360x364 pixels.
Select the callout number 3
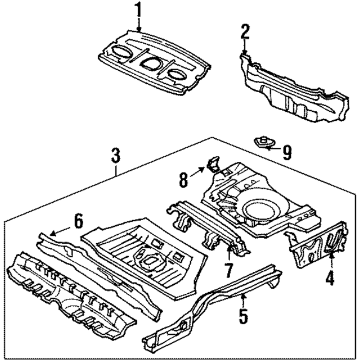pos(115,154)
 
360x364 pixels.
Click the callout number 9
pos(286,152)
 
